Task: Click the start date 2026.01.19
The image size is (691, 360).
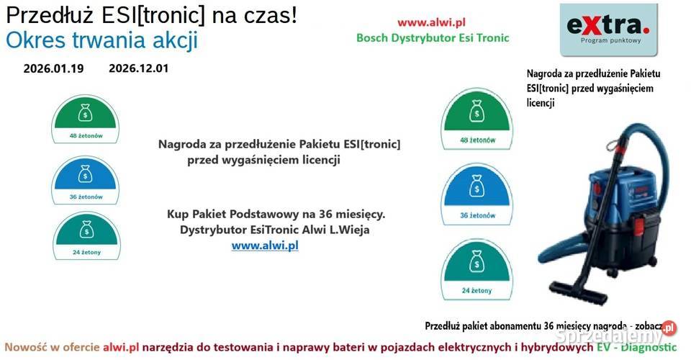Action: (53, 69)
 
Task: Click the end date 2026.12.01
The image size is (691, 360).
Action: (139, 69)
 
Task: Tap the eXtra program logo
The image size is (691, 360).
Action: (608, 30)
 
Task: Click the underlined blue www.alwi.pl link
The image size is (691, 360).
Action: (264, 246)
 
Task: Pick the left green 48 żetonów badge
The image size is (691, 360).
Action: (85, 119)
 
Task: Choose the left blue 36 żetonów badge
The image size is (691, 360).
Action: (85, 180)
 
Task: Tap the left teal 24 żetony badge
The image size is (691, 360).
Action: (85, 236)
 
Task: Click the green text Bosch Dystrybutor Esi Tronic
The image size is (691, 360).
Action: (433, 37)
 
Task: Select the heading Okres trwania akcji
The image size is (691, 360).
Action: (101, 40)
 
